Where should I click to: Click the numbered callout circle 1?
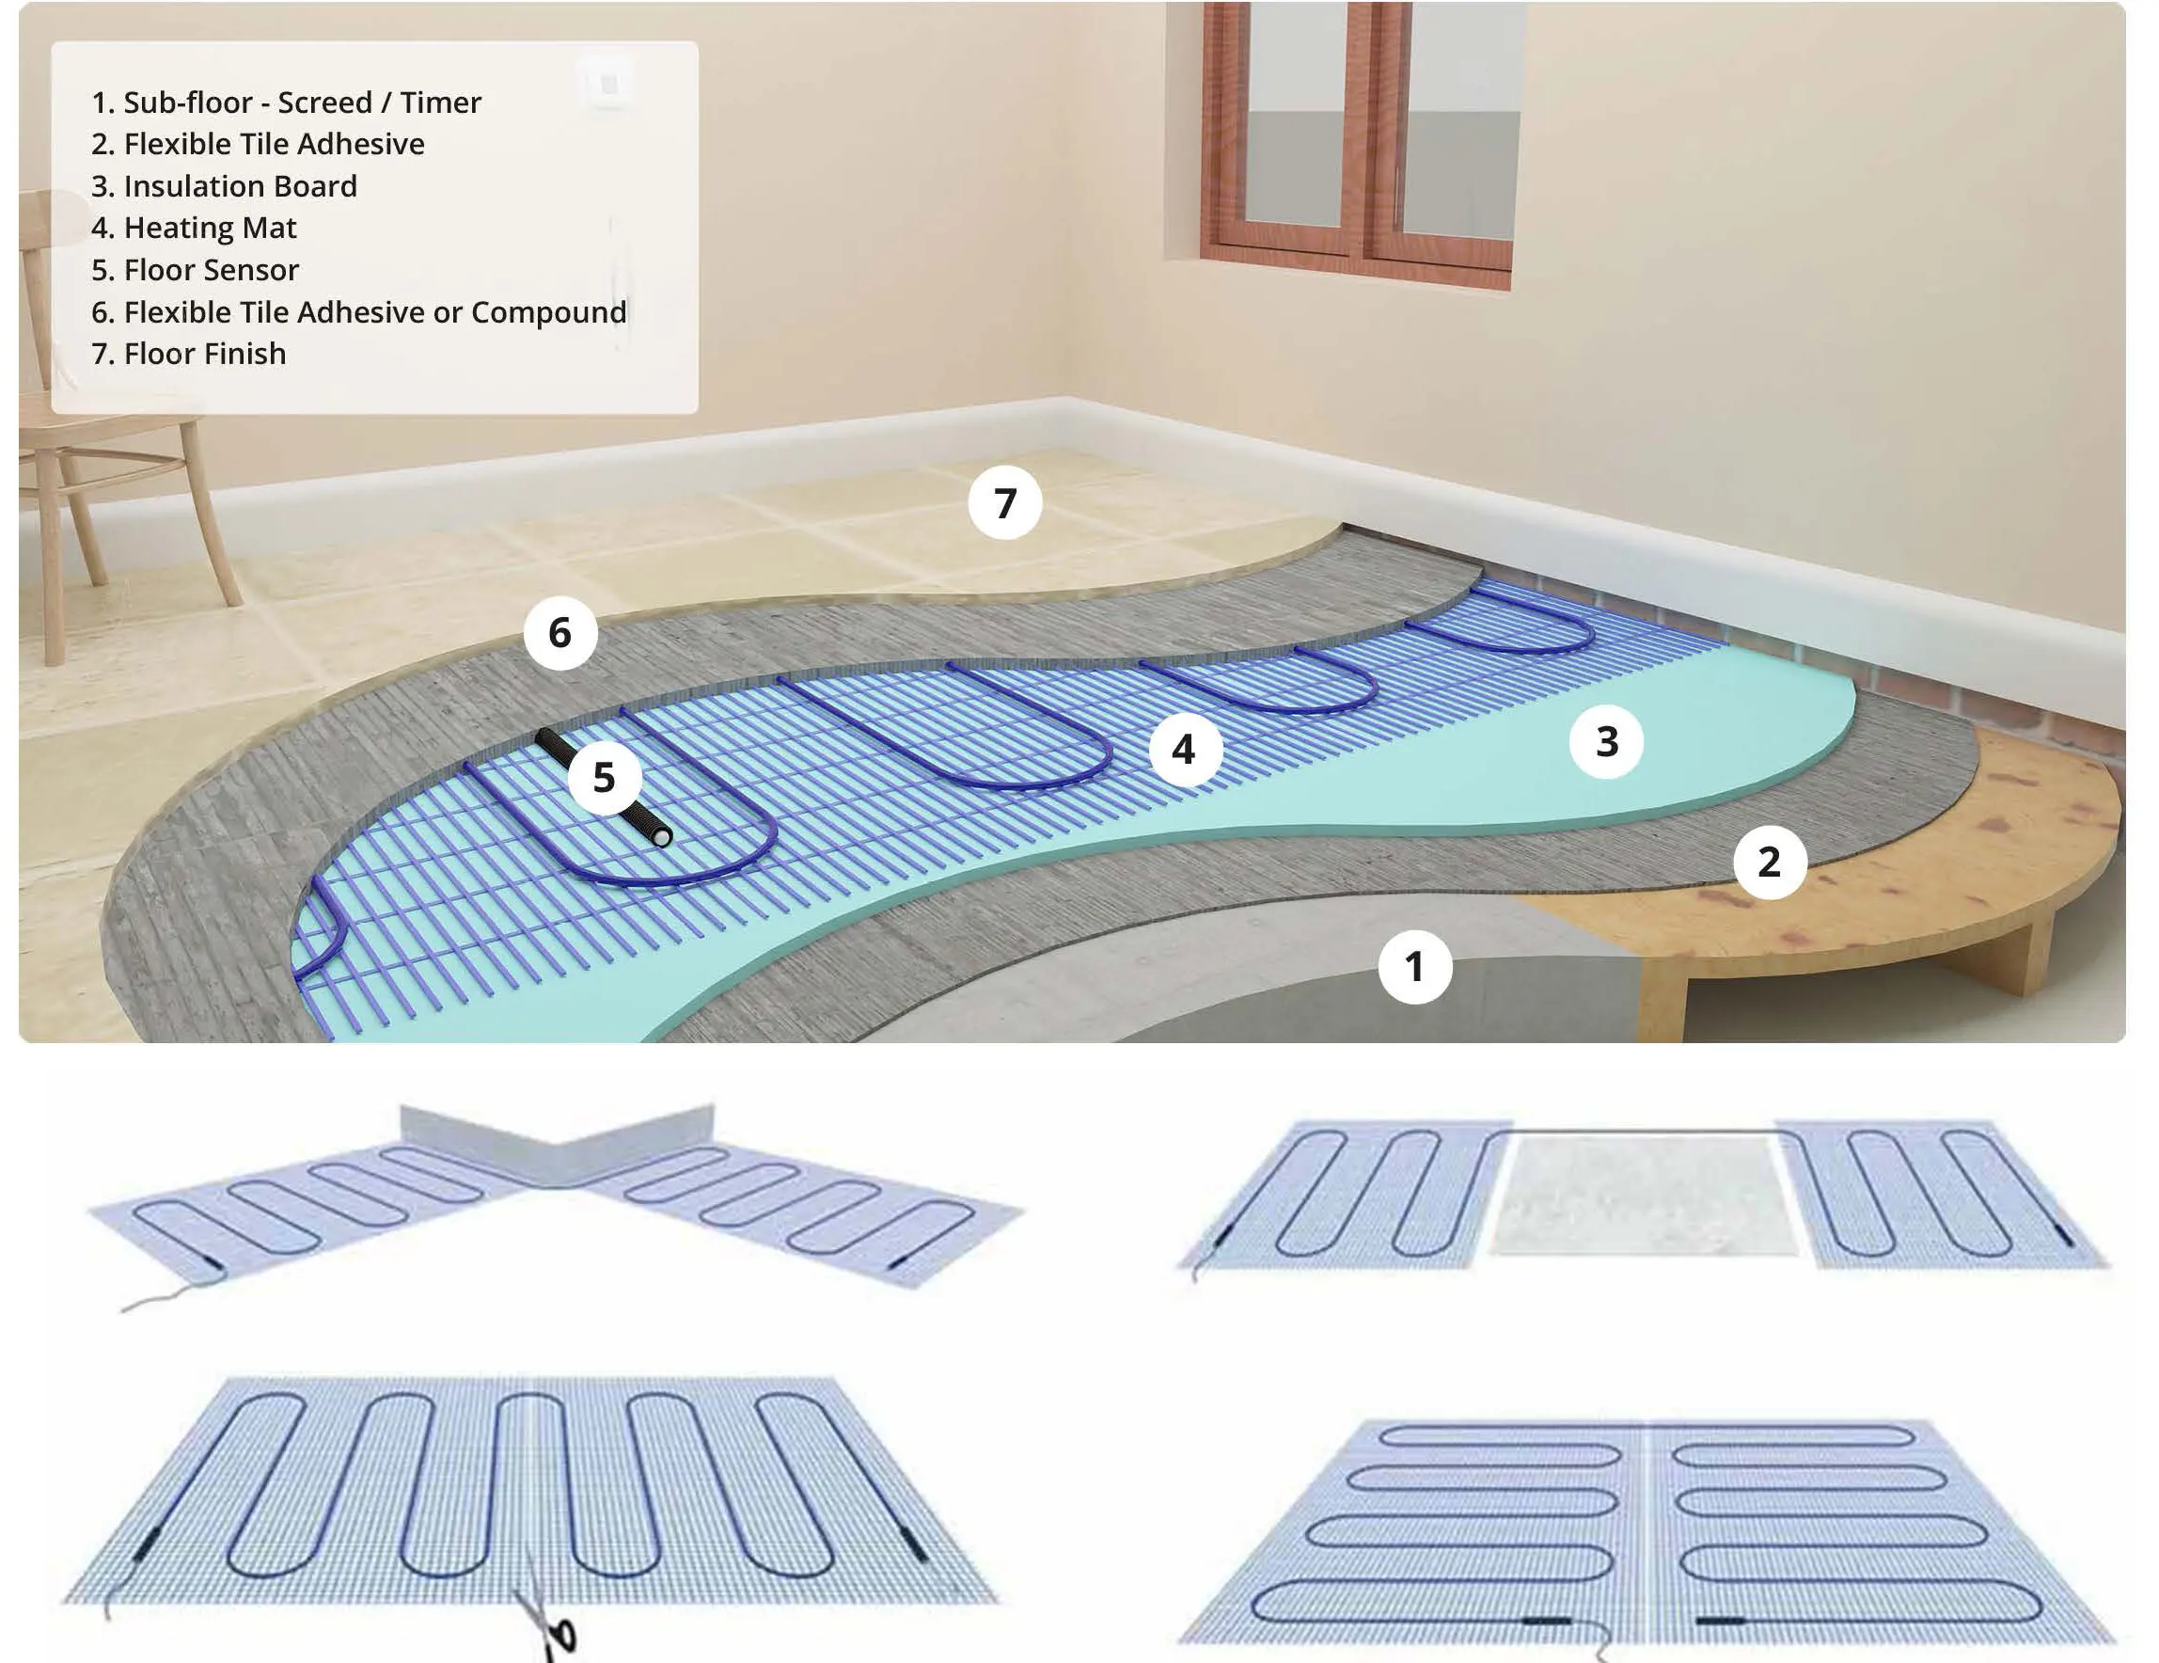[1414, 967]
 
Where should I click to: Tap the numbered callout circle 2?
[1770, 863]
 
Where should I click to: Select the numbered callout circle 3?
[1606, 741]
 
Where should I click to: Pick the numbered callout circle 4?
[1184, 751]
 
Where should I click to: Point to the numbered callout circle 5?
[604, 777]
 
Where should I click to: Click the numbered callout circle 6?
[559, 633]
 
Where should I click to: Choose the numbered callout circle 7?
[1005, 503]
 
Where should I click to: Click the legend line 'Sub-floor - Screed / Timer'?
[286, 103]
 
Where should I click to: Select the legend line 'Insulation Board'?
[225, 186]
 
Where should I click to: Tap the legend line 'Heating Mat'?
[194, 229]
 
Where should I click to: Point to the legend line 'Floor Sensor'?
[195, 270]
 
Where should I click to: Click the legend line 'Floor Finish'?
[189, 354]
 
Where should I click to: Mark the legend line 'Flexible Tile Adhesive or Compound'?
[359, 312]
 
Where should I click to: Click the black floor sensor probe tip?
[661, 835]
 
